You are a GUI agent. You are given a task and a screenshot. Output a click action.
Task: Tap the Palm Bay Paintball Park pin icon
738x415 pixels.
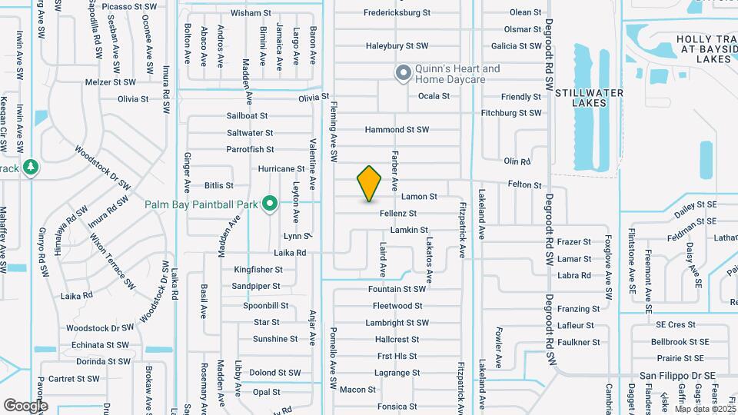pyautogui.click(x=269, y=204)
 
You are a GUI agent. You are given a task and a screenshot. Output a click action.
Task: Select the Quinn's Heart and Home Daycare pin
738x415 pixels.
pyautogui.click(x=403, y=74)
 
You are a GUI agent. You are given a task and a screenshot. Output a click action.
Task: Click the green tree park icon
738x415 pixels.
pyautogui.click(x=30, y=167)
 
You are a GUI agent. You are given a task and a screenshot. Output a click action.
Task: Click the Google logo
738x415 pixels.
pyautogui.click(x=25, y=405)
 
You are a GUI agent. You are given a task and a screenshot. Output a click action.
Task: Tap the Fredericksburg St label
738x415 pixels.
pyautogui.click(x=397, y=13)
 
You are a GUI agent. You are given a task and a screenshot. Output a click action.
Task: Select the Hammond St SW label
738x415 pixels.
pyautogui.click(x=397, y=130)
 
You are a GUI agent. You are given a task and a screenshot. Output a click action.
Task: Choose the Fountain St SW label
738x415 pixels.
pyautogui.click(x=397, y=290)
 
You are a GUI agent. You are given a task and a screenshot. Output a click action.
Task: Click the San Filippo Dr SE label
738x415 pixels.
pyautogui.click(x=678, y=376)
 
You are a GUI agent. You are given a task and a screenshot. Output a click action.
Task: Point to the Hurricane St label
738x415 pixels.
pyautogui.click(x=281, y=169)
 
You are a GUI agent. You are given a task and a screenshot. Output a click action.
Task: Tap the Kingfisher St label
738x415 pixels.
pyautogui.click(x=258, y=270)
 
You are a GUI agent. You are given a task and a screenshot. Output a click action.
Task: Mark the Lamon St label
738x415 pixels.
pyautogui.click(x=419, y=198)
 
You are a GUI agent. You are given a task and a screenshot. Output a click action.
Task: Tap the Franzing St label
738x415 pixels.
pyautogui.click(x=579, y=309)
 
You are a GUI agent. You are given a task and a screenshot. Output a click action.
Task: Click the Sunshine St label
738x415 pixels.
pyautogui.click(x=275, y=339)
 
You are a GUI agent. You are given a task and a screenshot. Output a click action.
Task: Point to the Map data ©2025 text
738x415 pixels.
pyautogui.click(x=703, y=410)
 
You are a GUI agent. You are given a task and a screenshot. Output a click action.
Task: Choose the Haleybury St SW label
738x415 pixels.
pyautogui.click(x=397, y=46)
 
